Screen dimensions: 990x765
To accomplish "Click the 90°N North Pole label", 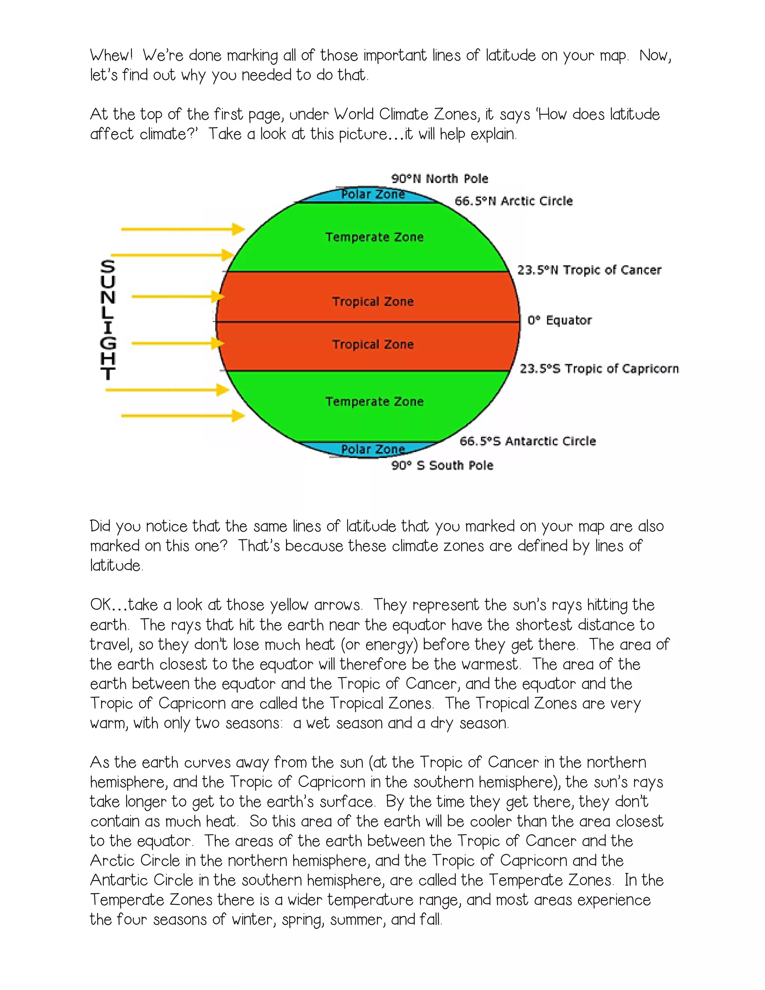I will (440, 179).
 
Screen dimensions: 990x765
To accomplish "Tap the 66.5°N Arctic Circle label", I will (514, 201).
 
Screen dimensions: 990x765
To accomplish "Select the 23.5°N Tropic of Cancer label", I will (589, 270).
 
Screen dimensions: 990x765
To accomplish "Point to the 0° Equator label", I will (560, 321).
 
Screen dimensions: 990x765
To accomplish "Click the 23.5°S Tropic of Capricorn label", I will (599, 368).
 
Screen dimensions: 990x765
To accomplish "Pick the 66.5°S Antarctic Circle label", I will (527, 441).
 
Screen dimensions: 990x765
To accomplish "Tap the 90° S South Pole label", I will (442, 465).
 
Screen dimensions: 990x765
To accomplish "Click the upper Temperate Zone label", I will (374, 237).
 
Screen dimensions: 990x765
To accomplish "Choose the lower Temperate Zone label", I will (374, 402).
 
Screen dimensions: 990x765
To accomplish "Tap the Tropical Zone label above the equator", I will (373, 302).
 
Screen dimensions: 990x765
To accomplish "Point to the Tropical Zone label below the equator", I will (373, 344).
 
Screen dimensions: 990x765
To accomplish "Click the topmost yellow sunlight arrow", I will (183, 229).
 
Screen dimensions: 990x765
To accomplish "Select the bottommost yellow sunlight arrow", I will (183, 416).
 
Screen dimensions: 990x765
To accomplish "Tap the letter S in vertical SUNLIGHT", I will (108, 266).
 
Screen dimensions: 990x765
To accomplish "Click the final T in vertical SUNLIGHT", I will (108, 374).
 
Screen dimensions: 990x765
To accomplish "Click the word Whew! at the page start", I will (111, 56).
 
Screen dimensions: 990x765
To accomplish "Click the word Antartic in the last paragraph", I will (119, 880).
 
